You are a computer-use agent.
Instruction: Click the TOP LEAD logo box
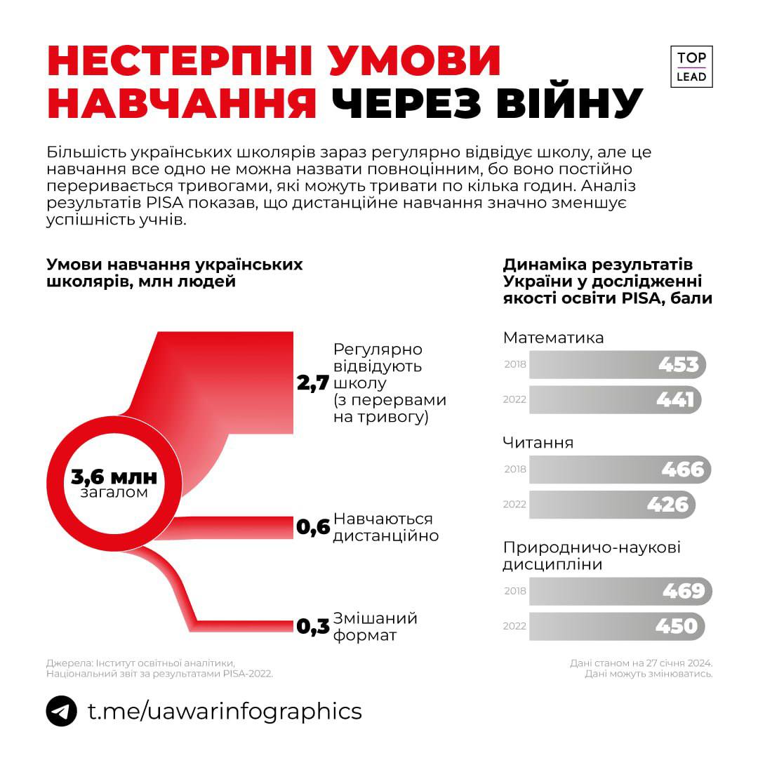click(x=691, y=67)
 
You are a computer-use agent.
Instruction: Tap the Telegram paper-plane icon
click(x=62, y=711)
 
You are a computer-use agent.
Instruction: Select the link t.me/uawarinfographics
click(x=225, y=711)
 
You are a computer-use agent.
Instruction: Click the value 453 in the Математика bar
click(x=678, y=365)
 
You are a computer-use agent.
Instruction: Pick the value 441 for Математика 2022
click(x=675, y=399)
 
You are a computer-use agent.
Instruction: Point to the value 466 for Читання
click(x=682, y=469)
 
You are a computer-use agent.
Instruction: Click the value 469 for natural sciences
click(x=683, y=591)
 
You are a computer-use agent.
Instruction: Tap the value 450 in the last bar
click(x=677, y=625)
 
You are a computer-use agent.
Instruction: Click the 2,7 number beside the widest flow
click(x=313, y=383)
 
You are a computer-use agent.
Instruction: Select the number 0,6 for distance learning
click(x=313, y=528)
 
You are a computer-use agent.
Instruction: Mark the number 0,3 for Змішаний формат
click(x=313, y=627)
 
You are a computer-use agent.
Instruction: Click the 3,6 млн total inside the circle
click(x=114, y=478)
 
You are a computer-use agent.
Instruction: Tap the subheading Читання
click(x=538, y=443)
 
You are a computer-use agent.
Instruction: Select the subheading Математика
click(x=553, y=338)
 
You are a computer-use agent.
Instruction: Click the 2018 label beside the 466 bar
click(x=515, y=470)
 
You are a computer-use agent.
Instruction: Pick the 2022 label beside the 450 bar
click(x=514, y=626)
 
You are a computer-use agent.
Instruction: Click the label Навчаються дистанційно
click(x=385, y=527)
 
